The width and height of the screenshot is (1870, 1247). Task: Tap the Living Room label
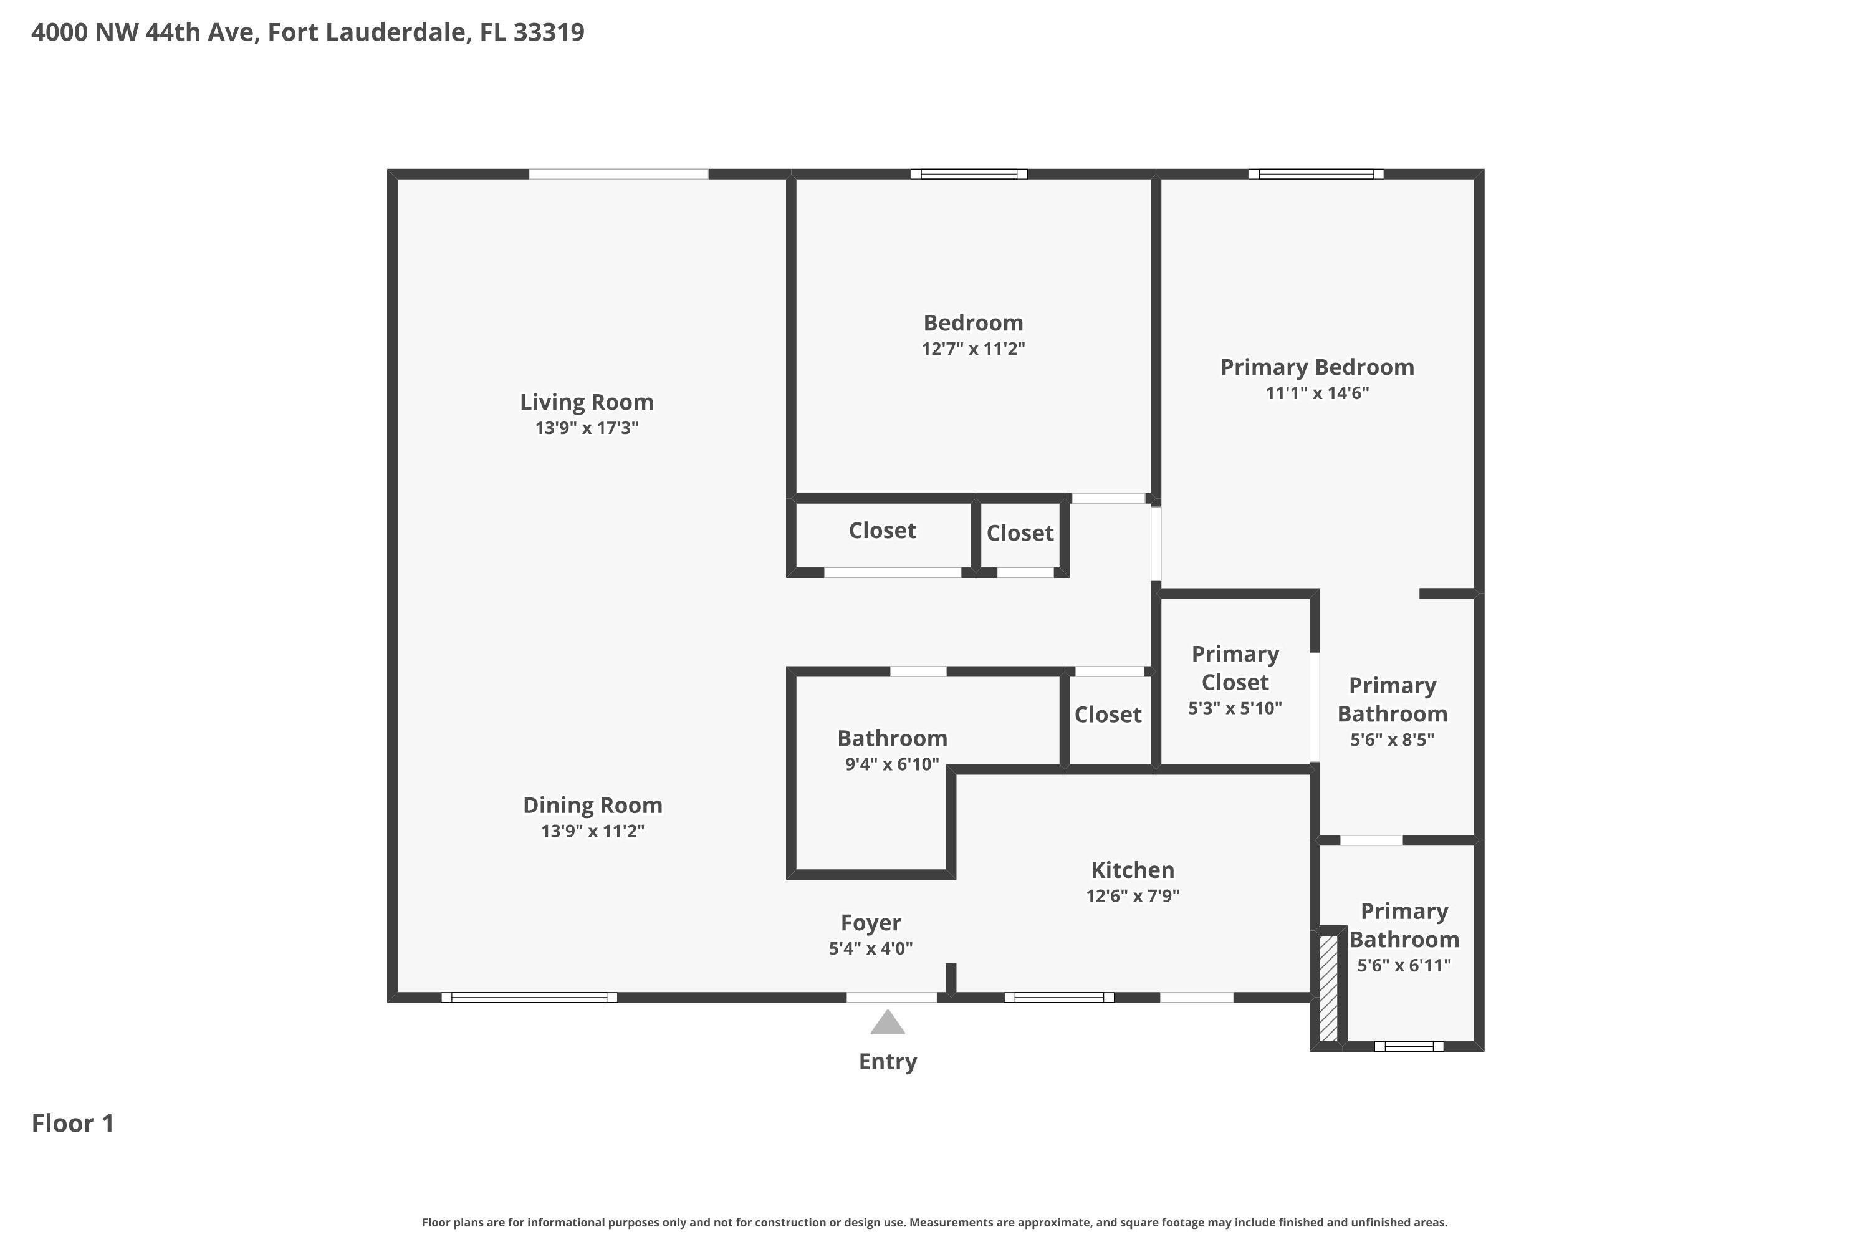pos(586,402)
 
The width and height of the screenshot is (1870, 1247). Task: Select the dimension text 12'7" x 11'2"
pos(972,349)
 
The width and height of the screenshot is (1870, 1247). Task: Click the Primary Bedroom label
pos(1316,367)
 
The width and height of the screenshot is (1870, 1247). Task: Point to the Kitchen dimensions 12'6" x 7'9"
pos(1132,895)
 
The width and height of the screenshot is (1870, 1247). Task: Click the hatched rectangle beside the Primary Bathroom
pos(1328,988)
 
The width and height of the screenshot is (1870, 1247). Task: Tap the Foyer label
pos(871,923)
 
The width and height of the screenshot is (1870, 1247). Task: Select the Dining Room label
pos(592,806)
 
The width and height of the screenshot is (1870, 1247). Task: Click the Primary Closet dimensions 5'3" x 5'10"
pos(1234,708)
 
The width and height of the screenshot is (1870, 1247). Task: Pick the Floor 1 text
pos(72,1123)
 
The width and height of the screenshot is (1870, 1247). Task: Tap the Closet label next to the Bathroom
pos(1108,714)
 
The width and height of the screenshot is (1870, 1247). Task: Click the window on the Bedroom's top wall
pos(969,174)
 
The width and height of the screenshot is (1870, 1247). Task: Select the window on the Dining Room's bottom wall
pos(529,997)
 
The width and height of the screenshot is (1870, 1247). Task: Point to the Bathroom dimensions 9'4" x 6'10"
pos(891,764)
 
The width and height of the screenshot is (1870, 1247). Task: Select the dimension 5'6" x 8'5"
pos(1391,739)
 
